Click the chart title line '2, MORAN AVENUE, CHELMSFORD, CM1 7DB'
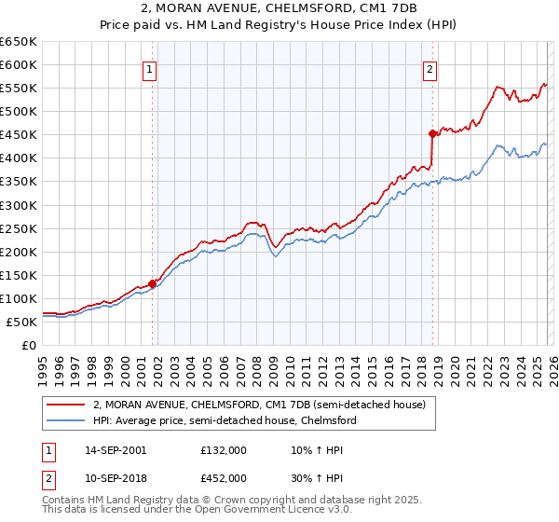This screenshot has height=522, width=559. point(279,10)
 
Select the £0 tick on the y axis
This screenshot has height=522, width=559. point(29,345)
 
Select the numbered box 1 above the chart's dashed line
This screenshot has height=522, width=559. point(150,67)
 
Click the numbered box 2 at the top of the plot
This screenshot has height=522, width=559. point(429,67)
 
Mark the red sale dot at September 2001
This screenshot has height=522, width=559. point(152,283)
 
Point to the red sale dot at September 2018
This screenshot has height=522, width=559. point(432,133)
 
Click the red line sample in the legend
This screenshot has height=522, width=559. point(66,405)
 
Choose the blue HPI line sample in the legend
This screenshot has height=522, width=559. point(66,420)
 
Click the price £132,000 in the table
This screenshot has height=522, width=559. point(224,450)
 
